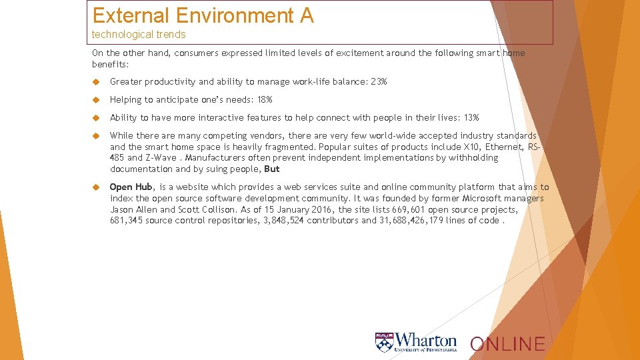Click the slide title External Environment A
[x=203, y=15]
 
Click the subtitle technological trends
[x=139, y=35]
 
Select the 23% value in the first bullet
[x=379, y=82]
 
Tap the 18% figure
[x=265, y=100]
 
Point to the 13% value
[x=471, y=118]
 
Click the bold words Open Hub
[x=131, y=187]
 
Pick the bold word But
[x=272, y=169]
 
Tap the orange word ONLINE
[x=507, y=344]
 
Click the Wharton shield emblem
[x=384, y=342]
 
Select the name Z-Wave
[x=162, y=158]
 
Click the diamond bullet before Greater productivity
[x=96, y=82]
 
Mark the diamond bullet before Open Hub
[x=96, y=187]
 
